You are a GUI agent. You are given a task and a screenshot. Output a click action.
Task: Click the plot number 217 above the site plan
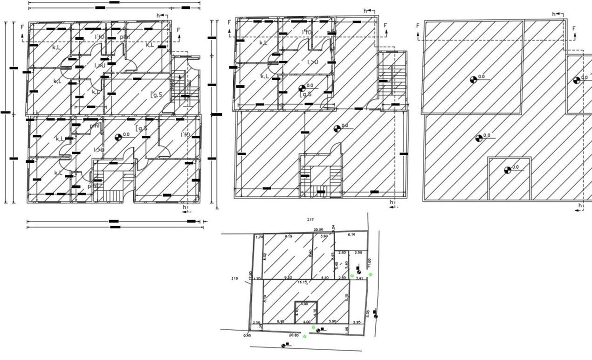coord(310,219)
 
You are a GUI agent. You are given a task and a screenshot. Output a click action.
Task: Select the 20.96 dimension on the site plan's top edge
coord(318,229)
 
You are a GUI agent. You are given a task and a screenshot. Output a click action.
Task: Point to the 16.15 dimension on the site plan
coord(303,282)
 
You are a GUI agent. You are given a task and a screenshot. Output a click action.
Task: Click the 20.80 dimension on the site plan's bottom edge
coord(294,335)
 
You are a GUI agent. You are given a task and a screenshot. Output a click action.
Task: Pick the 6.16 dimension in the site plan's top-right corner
coord(351,235)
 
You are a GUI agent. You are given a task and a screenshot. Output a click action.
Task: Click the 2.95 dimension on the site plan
coord(357,322)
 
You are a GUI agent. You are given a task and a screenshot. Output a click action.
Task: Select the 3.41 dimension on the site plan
coord(359,278)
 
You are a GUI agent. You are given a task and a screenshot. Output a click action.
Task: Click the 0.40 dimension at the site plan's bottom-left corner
coord(247,335)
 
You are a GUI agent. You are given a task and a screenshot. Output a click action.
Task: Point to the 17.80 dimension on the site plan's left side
coord(251,276)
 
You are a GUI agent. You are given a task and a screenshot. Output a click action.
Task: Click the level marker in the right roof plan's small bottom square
coord(508,170)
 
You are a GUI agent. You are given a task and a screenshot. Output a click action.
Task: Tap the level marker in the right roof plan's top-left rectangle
coord(474,79)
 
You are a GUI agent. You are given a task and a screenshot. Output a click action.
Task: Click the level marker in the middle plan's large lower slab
coord(337,129)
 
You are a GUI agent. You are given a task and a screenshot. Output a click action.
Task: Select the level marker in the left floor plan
coord(118,137)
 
